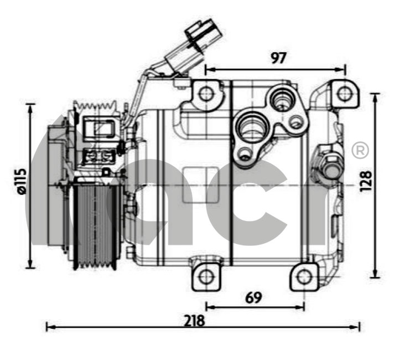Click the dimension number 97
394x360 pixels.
279,58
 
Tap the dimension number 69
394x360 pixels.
253,297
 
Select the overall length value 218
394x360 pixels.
194,321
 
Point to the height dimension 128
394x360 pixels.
366,182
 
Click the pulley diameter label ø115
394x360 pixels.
21,181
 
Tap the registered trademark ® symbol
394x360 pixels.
360,150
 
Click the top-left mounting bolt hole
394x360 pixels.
206,94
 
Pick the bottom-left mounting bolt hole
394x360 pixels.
206,277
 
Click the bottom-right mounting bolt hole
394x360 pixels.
304,277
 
